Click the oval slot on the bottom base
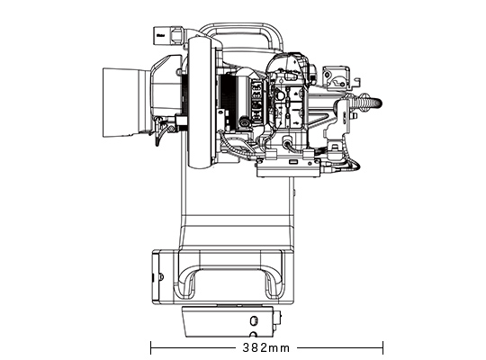click(255, 320)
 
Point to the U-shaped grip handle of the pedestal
click(231, 279)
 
